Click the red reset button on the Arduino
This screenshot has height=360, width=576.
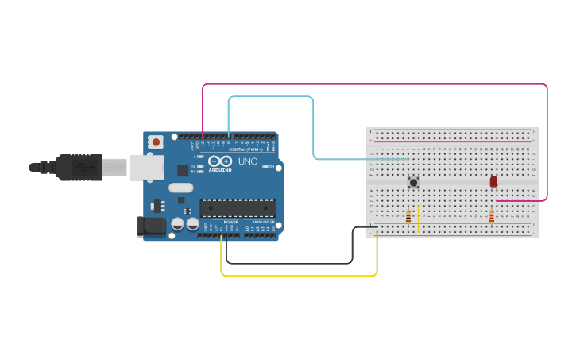pyautogui.click(x=156, y=142)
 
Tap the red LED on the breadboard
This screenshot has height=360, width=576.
pyautogui.click(x=493, y=182)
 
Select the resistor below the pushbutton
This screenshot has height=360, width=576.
pyautogui.click(x=408, y=216)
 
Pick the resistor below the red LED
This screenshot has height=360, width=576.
pyautogui.click(x=491, y=216)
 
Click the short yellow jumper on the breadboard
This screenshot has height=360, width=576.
pyautogui.click(x=418, y=219)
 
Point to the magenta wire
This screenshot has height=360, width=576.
pyautogui.click(x=373, y=83)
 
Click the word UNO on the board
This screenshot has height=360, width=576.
pyautogui.click(x=248, y=161)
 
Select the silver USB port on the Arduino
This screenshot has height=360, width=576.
pyautogui.click(x=146, y=167)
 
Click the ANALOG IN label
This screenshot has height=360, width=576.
pyautogui.click(x=261, y=222)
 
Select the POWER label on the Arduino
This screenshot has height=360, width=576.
pyautogui.click(x=230, y=222)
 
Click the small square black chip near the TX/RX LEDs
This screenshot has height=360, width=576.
pyautogui.click(x=183, y=169)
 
